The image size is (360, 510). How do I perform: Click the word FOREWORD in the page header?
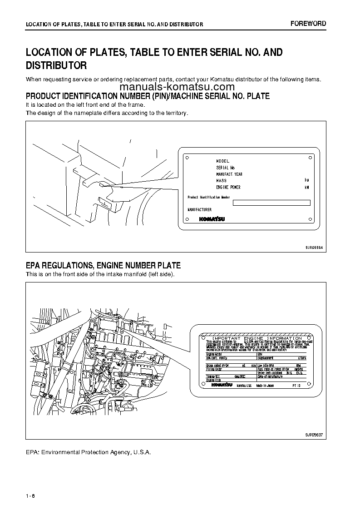(308, 24)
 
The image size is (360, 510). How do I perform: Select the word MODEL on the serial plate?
(223, 161)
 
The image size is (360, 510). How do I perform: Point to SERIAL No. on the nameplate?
(226, 168)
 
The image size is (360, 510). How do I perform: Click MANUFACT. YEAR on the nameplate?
(230, 174)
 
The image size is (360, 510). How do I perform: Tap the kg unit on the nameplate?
(306, 180)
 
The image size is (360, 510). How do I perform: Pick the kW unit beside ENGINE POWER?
(307, 187)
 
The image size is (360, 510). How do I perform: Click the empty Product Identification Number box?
(271, 203)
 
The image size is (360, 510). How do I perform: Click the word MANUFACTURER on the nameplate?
(200, 210)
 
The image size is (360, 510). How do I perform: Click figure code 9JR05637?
(314, 435)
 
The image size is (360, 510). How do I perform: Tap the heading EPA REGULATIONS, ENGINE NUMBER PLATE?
(103, 265)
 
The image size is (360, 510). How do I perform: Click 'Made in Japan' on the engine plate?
(265, 385)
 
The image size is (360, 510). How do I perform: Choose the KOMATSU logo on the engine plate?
(222, 385)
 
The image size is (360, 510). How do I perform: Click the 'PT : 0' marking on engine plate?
(295, 385)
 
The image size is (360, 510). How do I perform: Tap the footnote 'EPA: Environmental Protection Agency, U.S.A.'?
(88, 452)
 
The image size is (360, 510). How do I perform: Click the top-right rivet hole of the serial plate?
(310, 157)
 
